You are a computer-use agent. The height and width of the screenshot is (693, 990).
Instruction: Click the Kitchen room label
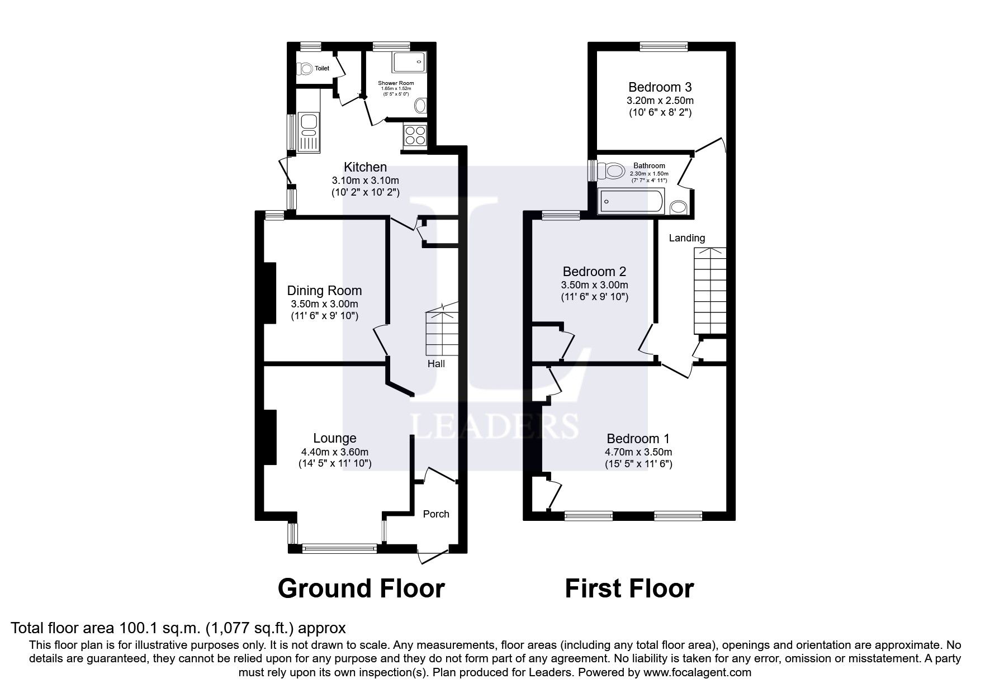coord(364,167)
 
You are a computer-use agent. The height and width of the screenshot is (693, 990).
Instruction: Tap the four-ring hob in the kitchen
coord(415,136)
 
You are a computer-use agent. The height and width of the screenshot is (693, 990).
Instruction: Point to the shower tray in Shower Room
coord(409,63)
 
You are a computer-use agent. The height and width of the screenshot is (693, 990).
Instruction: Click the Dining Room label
coord(324,291)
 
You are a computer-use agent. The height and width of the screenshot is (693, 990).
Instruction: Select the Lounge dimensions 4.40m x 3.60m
coord(334,452)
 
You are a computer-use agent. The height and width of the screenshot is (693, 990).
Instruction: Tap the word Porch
coord(435,514)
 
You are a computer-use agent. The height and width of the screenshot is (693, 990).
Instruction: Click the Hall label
coord(436,364)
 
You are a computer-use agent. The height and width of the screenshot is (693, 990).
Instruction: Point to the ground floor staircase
coord(442,333)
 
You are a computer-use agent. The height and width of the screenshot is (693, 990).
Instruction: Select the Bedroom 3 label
coord(660,87)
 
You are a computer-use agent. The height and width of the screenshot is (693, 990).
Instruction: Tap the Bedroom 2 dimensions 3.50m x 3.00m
coord(594,285)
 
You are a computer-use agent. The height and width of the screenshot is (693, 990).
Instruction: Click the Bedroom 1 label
coord(638,439)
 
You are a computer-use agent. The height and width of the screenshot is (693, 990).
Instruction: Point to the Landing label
coord(687,238)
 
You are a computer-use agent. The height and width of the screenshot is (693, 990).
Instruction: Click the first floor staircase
coord(710,291)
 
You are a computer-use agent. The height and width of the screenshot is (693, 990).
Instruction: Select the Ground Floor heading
coord(361,588)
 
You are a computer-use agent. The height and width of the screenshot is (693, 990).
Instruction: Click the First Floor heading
coord(629,588)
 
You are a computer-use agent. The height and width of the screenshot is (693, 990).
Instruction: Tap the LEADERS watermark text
coord(495,426)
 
